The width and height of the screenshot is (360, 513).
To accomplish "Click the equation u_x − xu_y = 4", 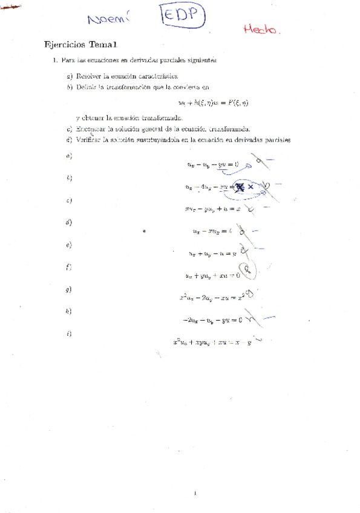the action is pyautogui.click(x=211, y=230).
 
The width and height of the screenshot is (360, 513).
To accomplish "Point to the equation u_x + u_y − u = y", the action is pyautogui.click(x=212, y=254).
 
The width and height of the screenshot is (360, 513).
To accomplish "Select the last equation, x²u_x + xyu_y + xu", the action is pyautogui.click(x=212, y=342).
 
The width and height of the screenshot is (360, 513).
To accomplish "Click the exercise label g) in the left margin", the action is pyautogui.click(x=68, y=290).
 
